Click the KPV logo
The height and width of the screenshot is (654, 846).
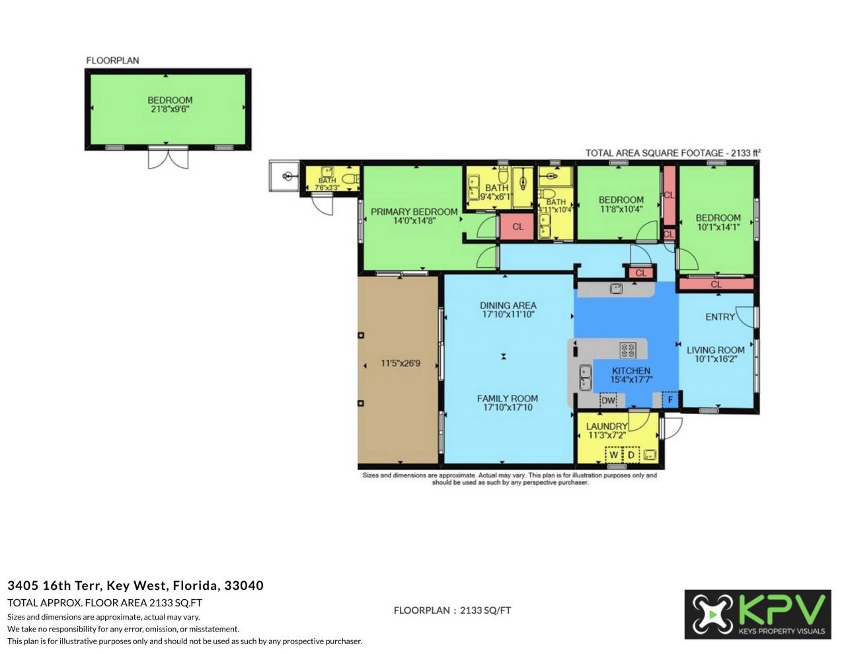click(x=757, y=614)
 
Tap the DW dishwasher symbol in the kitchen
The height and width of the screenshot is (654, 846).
click(x=607, y=400)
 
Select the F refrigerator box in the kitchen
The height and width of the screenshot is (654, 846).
click(x=670, y=399)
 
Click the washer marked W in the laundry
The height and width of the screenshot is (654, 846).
click(x=614, y=455)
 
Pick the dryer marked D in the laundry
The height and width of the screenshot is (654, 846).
click(x=631, y=455)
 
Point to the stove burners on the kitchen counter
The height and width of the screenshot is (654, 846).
click(x=627, y=348)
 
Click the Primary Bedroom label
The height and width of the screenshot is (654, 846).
click(x=414, y=212)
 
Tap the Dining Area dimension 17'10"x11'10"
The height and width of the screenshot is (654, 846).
click(x=508, y=315)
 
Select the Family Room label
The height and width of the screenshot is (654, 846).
click(x=508, y=398)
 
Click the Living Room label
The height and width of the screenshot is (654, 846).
click(x=715, y=350)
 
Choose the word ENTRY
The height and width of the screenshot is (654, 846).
click(x=720, y=317)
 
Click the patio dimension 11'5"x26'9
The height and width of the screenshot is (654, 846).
click(x=401, y=363)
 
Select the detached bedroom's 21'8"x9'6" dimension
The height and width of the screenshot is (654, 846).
click(x=170, y=109)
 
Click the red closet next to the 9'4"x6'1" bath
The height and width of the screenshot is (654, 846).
click(x=518, y=226)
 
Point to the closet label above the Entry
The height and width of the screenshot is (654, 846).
click(x=716, y=284)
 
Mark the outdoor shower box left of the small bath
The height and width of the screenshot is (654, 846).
click(x=284, y=176)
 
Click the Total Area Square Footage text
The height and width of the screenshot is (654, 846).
click(x=672, y=153)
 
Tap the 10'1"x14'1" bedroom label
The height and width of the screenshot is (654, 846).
click(x=718, y=222)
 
